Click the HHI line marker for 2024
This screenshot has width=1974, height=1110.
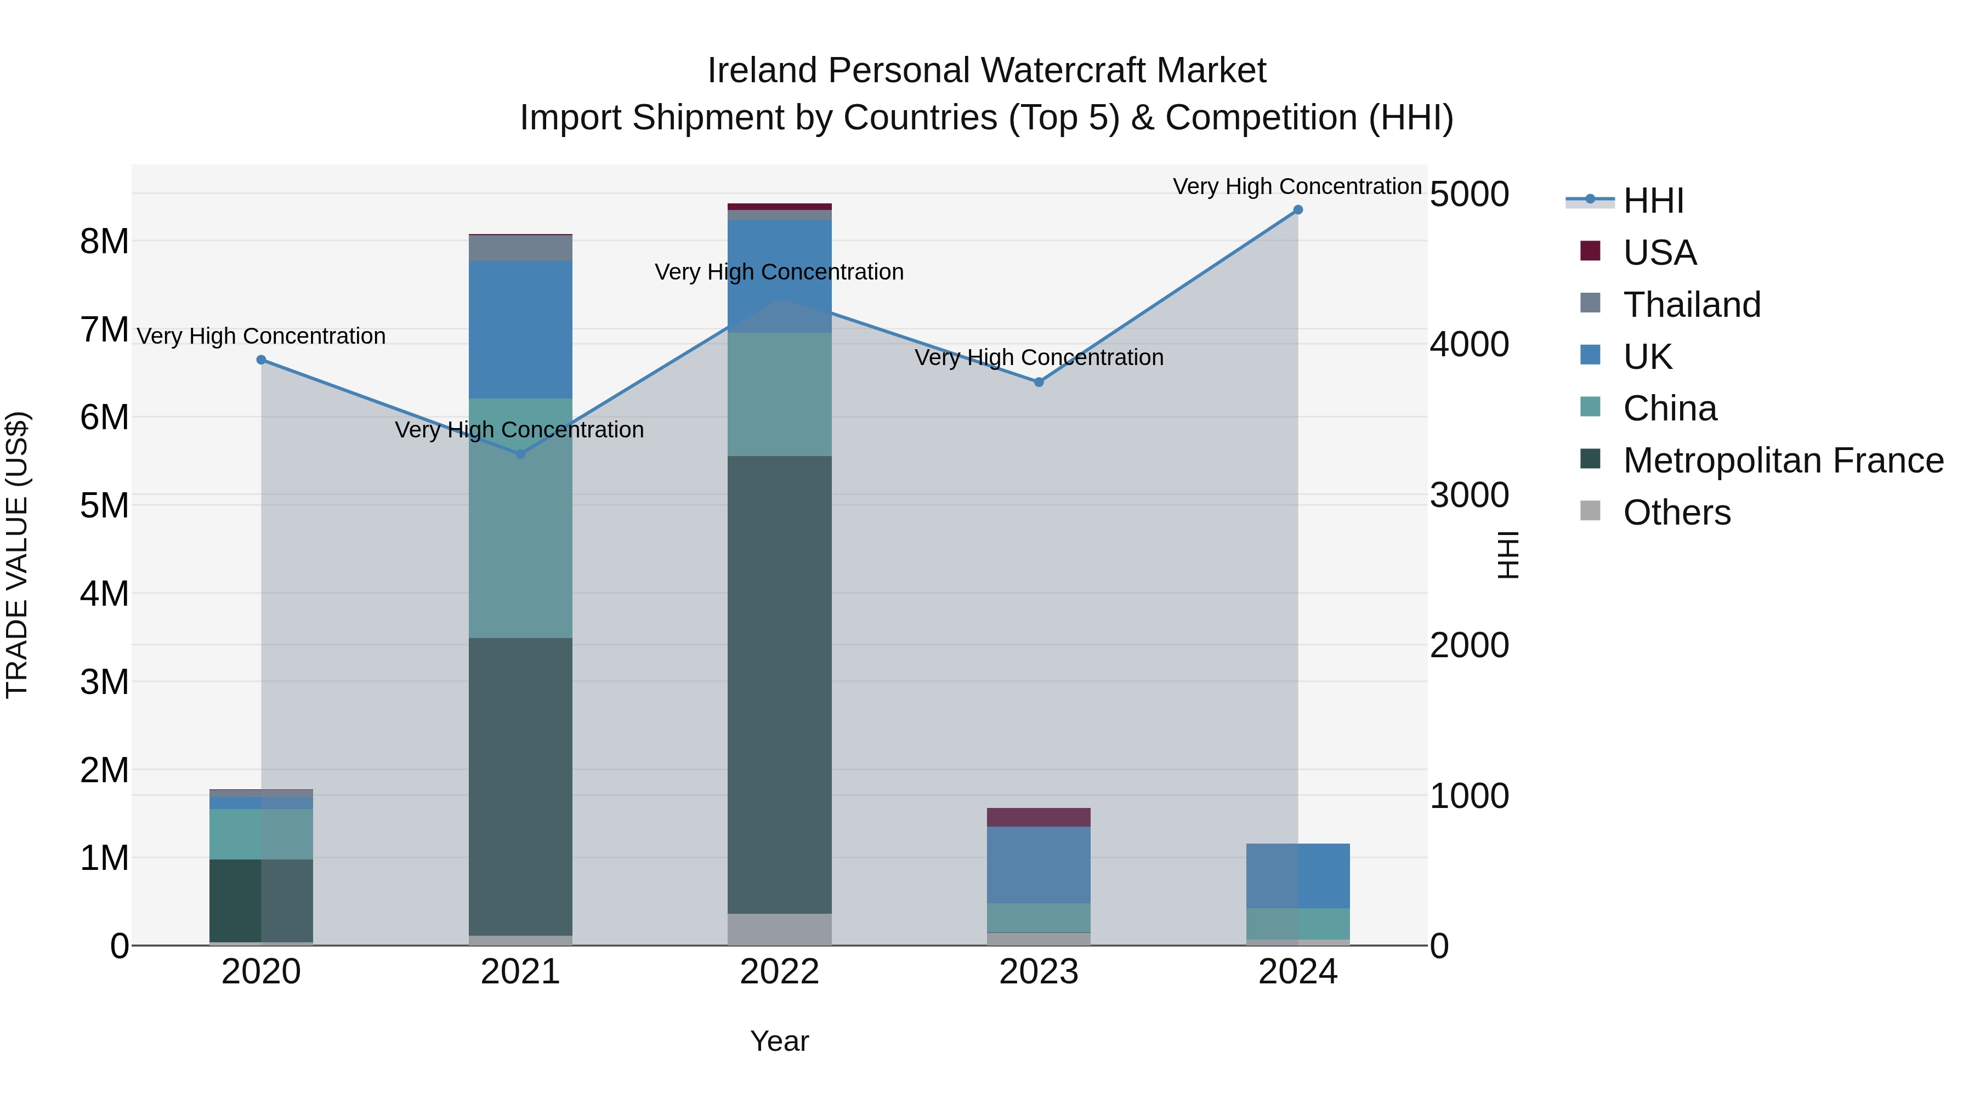1297,210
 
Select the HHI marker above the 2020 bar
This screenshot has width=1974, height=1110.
262,359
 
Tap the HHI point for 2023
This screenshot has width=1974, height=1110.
1039,382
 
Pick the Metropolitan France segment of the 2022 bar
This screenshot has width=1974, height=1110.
779,684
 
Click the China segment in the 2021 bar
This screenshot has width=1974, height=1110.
520,518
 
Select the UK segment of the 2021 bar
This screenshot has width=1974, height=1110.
520,329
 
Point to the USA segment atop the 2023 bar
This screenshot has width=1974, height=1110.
1039,817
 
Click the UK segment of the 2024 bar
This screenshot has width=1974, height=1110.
1297,875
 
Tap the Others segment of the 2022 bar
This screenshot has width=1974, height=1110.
779,929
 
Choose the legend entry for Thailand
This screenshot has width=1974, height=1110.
1691,305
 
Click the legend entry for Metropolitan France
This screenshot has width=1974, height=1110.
1783,460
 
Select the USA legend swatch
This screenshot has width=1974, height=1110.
1590,251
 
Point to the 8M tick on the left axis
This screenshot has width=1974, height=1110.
105,241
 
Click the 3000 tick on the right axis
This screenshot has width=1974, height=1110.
1469,495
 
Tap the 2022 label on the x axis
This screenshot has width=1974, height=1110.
779,972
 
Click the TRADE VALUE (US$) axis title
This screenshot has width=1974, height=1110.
17,555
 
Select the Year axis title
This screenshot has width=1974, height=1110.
779,1041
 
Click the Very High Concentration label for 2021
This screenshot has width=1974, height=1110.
520,430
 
